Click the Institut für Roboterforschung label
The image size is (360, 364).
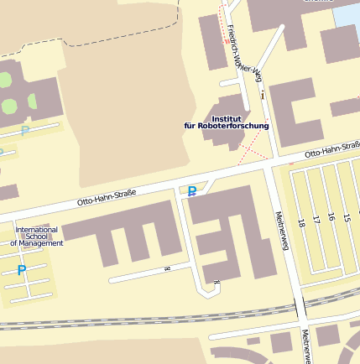pyautogui.click(x=227, y=122)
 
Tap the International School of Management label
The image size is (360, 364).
pyautogui.click(x=37, y=237)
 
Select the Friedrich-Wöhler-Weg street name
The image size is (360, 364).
pyautogui.click(x=243, y=59)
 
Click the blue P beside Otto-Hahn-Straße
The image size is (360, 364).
pyautogui.click(x=192, y=192)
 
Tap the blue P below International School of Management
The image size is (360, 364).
pyautogui.click(x=22, y=270)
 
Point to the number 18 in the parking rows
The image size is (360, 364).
pyautogui.click(x=301, y=224)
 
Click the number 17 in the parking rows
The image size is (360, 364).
pyautogui.click(x=316, y=220)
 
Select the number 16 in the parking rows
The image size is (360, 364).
pyautogui.click(x=331, y=217)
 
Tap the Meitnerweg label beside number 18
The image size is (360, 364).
pyautogui.click(x=283, y=231)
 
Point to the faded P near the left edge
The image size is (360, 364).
pyautogui.click(x=25, y=130)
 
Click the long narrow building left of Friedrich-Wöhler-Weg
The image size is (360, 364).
pyautogui.click(x=211, y=42)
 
